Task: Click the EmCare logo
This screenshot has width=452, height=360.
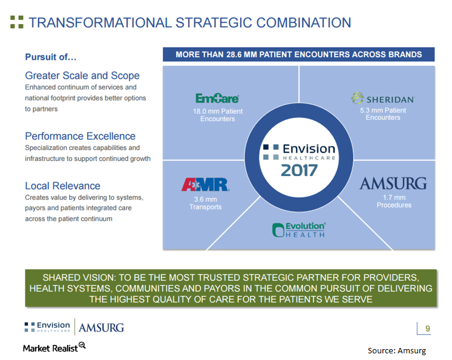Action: (x=217, y=98)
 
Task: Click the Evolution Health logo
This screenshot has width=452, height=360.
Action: (x=299, y=229)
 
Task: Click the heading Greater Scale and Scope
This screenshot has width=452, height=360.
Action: (x=82, y=76)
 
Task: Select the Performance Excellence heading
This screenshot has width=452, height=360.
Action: (x=80, y=136)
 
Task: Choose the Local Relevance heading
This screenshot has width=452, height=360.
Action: (x=62, y=186)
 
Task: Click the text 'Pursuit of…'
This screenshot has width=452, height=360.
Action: (x=51, y=57)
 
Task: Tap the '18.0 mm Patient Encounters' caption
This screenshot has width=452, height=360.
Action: (x=217, y=115)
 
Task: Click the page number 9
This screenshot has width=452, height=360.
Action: (x=428, y=329)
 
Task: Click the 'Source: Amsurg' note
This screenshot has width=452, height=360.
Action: (x=396, y=350)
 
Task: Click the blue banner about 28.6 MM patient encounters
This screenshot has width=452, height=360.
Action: (x=298, y=54)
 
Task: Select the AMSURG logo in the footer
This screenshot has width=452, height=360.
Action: (x=101, y=327)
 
